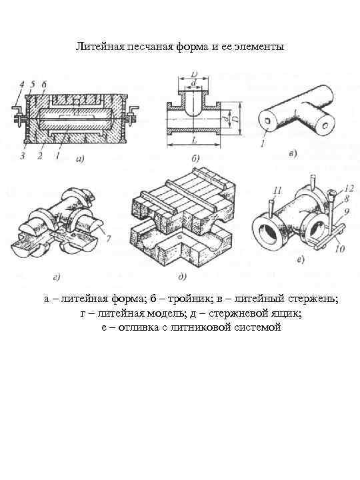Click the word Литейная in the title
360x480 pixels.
(100, 47)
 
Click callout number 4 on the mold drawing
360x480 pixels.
(22, 85)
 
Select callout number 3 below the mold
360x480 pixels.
(23, 156)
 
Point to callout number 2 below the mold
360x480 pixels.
(40, 156)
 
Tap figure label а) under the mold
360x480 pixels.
(80, 159)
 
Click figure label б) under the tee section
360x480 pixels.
(195, 158)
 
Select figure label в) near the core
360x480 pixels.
(293, 153)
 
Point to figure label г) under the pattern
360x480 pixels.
(57, 277)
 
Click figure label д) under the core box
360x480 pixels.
(182, 277)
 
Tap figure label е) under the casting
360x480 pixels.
(301, 260)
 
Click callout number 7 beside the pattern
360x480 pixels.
(108, 241)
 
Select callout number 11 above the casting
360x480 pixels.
(277, 191)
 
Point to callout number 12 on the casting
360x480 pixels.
(348, 188)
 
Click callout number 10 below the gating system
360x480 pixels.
(340, 249)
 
